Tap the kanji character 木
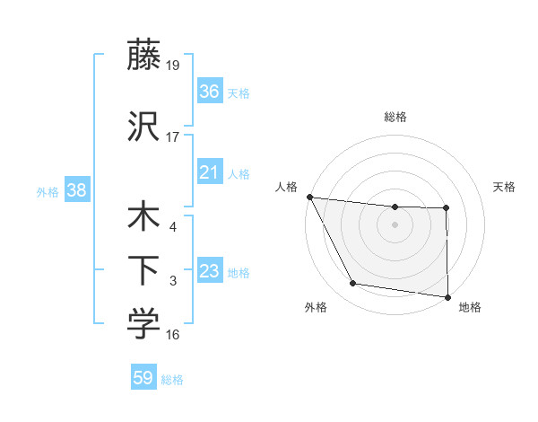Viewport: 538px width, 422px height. (143, 218)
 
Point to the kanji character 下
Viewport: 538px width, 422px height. (143, 269)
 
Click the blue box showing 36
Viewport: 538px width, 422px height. (210, 91)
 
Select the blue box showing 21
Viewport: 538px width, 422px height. (210, 172)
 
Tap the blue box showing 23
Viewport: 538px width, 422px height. (210, 271)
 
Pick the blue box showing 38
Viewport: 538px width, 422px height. (76, 190)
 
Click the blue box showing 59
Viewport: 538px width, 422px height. (143, 378)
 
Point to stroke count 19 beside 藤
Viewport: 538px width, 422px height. (173, 65)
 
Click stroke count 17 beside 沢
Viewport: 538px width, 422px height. (173, 136)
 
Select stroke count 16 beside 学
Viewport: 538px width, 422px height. (173, 335)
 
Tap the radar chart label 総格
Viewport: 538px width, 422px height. (395, 117)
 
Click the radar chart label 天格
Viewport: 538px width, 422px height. (505, 187)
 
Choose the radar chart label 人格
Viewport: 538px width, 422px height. (287, 187)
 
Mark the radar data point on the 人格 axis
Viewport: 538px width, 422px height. (309, 197)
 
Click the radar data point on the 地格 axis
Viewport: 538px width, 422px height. (447, 296)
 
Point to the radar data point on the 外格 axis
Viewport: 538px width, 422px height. (353, 284)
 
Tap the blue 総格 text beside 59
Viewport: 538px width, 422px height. (172, 380)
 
